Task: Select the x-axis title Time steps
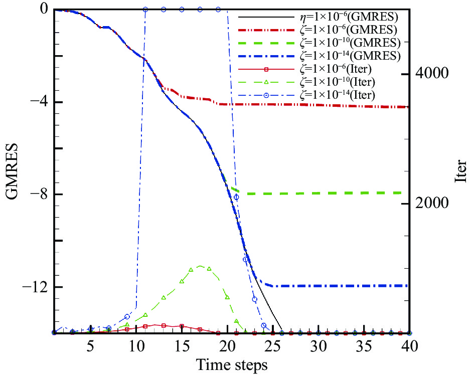232,363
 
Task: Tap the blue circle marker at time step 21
236,197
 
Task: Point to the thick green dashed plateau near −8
326,193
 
